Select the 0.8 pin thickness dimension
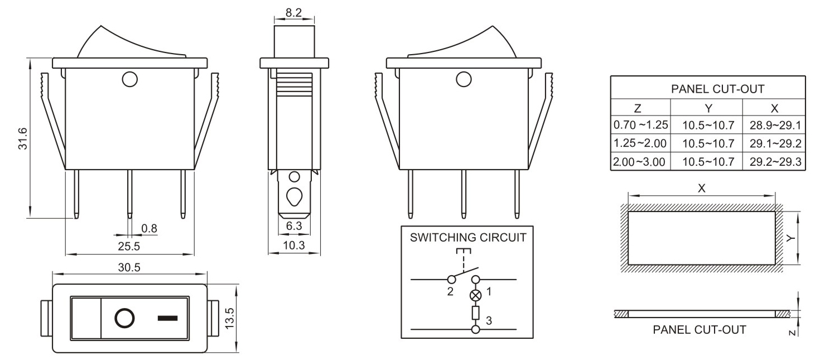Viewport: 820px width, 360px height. (149, 228)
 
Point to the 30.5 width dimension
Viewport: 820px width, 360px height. (129, 267)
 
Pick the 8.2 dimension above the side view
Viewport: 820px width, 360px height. (293, 11)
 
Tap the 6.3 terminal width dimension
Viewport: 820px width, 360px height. (293, 226)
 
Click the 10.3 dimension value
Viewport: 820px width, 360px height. (294, 246)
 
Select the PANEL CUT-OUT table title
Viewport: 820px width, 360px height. (708, 88)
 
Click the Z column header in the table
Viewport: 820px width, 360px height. (640, 108)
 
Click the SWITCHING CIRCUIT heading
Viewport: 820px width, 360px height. (467, 237)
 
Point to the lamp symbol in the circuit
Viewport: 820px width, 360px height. (475, 295)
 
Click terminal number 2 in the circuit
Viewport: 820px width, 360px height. (450, 291)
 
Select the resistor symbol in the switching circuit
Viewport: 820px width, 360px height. (475, 313)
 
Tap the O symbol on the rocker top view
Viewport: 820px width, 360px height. (124, 319)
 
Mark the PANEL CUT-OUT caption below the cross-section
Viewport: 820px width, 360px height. (699, 329)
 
